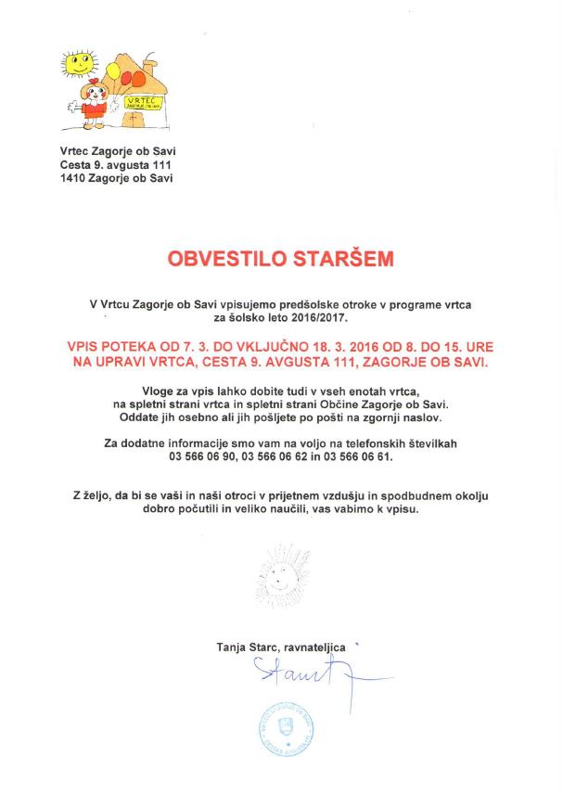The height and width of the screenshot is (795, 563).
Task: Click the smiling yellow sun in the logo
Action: click(80, 64)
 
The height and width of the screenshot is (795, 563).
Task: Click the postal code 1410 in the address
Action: click(70, 178)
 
